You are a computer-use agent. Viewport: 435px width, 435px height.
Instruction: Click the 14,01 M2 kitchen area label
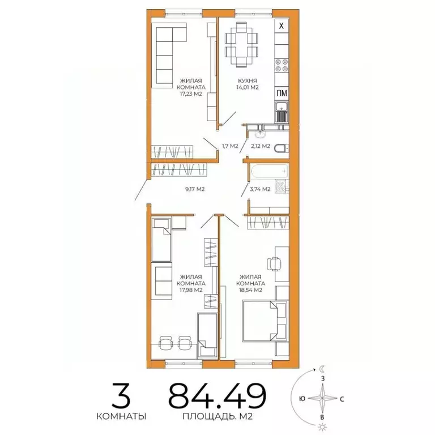pos(248,88)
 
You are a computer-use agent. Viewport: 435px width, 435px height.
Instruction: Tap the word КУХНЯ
pos(248,81)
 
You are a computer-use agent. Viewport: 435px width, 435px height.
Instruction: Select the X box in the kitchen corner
pos(282,25)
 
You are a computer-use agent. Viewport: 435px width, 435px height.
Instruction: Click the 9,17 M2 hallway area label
pos(194,190)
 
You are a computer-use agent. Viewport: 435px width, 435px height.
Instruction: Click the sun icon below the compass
pos(322,426)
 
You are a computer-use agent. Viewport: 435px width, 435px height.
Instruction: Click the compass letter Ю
pos(303,398)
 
